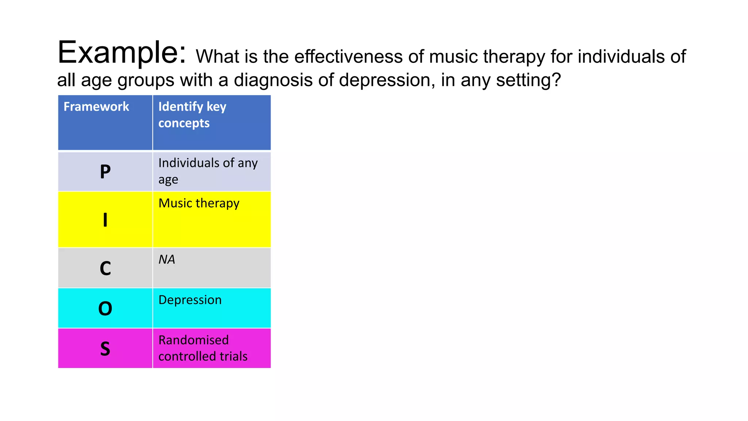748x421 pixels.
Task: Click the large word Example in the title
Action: pyautogui.click(x=122, y=53)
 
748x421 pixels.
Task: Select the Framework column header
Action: pyautogui.click(x=96, y=107)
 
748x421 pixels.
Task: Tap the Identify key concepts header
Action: pyautogui.click(x=192, y=115)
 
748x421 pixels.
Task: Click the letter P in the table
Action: pyautogui.click(x=105, y=172)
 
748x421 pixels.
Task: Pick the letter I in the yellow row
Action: pyautogui.click(x=105, y=220)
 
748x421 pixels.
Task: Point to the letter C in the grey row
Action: pyautogui.click(x=105, y=269)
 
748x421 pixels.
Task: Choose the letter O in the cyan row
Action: pyautogui.click(x=105, y=309)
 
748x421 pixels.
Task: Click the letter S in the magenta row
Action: pyautogui.click(x=105, y=349)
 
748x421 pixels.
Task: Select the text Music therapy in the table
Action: pyautogui.click(x=199, y=203)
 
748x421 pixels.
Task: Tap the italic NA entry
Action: pyautogui.click(x=167, y=259)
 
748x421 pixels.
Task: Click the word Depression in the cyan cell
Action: pyautogui.click(x=190, y=300)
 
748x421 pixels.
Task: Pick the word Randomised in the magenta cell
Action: pyautogui.click(x=194, y=340)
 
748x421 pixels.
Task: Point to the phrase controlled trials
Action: pyautogui.click(x=203, y=356)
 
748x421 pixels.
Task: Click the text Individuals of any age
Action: pyautogui.click(x=208, y=171)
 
